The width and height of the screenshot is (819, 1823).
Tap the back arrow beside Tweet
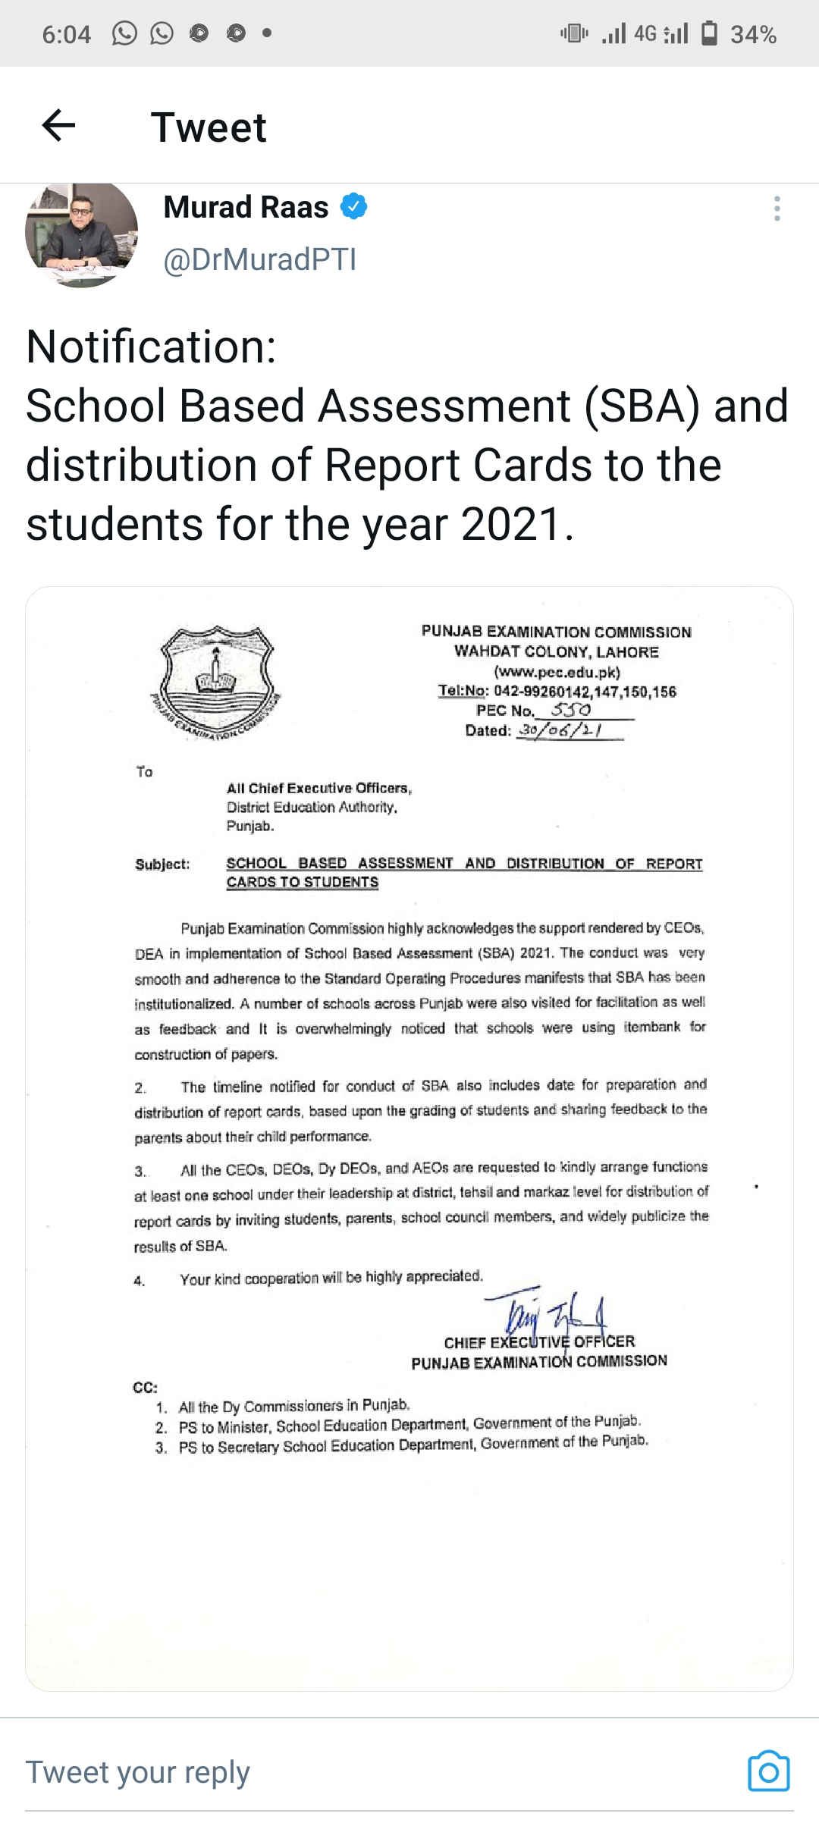click(58, 126)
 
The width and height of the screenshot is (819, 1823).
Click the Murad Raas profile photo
click(82, 234)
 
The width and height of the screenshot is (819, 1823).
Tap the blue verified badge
click(353, 206)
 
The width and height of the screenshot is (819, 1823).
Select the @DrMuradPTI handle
click(259, 259)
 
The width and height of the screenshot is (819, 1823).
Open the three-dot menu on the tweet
click(777, 209)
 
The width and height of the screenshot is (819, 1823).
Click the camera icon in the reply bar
click(768, 1771)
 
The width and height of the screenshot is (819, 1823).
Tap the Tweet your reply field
click(138, 1772)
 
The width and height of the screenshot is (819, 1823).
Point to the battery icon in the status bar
click(710, 33)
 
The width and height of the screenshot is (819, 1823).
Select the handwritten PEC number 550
click(570, 710)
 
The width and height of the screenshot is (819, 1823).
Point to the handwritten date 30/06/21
click(562, 730)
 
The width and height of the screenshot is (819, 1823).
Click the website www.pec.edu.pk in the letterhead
click(557, 672)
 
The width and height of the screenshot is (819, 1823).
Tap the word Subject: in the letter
click(162, 864)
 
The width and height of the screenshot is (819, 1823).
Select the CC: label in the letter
click(145, 1387)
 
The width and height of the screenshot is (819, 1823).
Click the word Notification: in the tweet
click(151, 347)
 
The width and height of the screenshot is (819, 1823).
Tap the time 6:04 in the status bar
click(66, 34)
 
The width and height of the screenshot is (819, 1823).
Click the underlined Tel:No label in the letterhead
click(463, 691)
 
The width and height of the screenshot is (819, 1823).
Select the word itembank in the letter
click(651, 1027)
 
